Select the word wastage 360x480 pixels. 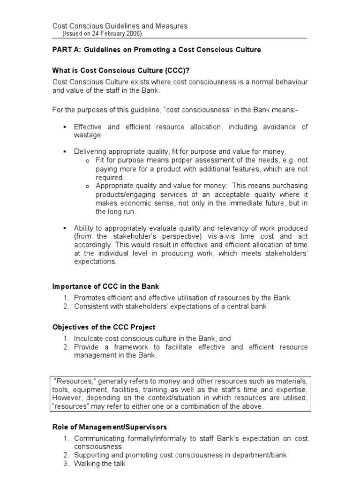(x=87, y=135)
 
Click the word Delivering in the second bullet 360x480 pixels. (x=91, y=151)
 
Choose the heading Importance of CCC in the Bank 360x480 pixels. (x=109, y=286)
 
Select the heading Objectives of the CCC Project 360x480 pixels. (x=104, y=327)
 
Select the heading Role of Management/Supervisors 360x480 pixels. (x=109, y=427)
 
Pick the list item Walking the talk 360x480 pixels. (x=100, y=464)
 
